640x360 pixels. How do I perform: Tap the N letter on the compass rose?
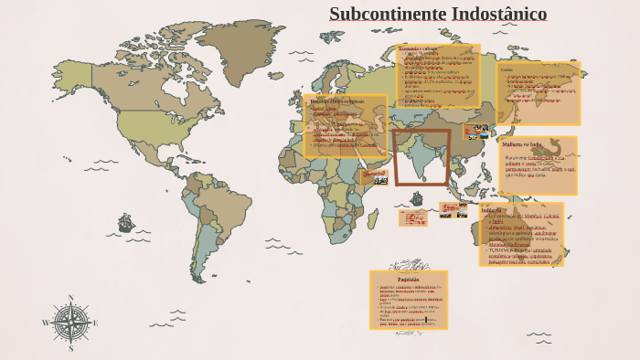(x=70, y=298)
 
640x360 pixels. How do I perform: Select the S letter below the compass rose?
(x=70, y=348)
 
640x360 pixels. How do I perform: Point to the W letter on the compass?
(x=46, y=323)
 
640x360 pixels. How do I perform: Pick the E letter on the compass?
(x=95, y=323)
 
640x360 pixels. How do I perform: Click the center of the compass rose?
(x=70, y=323)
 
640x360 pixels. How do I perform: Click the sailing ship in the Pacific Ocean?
(x=125, y=223)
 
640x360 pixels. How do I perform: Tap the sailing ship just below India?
(x=417, y=198)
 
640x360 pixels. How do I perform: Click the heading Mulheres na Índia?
(x=522, y=144)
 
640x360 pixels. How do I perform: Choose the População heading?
(x=408, y=280)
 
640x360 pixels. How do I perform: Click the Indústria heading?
(x=492, y=209)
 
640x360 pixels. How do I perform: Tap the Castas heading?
(x=507, y=69)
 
